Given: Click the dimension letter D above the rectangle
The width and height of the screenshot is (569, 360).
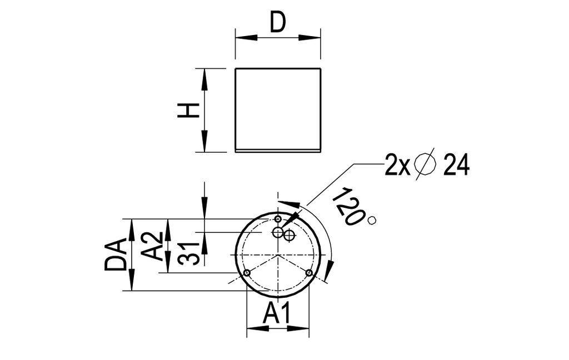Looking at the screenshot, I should pos(277,23).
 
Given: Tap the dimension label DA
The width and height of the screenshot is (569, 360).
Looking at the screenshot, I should pos(115,255).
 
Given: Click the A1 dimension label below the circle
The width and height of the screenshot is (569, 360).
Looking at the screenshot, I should pos(277,314).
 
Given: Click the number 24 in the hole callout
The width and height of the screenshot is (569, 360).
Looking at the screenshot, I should pos(456,166).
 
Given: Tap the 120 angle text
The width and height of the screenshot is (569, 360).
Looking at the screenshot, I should pos(348,206).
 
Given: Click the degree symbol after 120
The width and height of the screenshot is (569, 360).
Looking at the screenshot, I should pos(372,221).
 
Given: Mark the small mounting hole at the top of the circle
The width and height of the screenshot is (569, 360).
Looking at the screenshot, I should pos(278,219).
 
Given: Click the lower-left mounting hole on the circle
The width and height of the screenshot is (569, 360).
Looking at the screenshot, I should pos(247,273).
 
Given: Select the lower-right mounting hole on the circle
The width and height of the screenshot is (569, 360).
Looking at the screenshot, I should pos(309,273).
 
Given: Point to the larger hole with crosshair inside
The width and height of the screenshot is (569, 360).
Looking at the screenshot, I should pos(289,236).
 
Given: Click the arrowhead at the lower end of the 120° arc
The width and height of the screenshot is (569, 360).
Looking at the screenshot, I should pos(328,271).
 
